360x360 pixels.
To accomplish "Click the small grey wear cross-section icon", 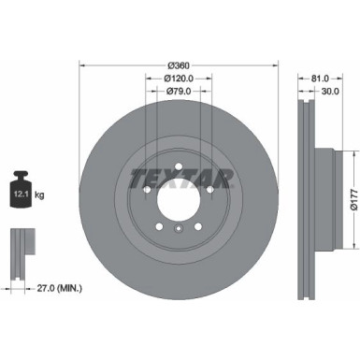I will pyautogui.click(x=21, y=245).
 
